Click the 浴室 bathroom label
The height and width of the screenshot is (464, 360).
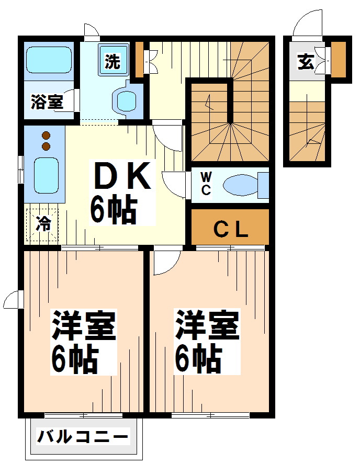coord(47,102)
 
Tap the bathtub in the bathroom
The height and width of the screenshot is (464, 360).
coord(49,60)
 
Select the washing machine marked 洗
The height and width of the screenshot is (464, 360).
coord(112,62)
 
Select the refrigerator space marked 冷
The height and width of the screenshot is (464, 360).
coord(43,225)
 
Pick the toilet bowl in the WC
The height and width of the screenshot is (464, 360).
coord(240,186)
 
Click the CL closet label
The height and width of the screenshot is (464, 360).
coord(230,229)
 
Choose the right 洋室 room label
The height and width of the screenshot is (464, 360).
coord(207,326)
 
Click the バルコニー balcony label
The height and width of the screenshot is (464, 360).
coord(83,436)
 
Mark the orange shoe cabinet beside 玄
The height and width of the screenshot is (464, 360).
coord(339,59)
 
